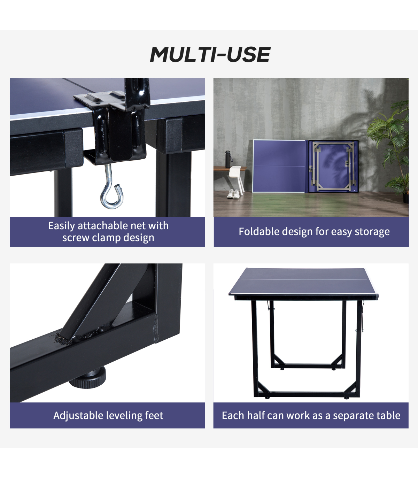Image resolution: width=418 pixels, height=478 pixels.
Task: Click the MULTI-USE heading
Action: point(210,54)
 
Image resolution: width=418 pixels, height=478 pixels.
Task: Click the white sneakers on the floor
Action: point(233,194)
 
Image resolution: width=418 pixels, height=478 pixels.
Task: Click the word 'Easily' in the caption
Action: point(62,226)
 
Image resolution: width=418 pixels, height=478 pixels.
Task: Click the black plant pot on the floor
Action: point(406,198)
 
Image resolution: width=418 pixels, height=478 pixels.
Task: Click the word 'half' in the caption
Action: point(256,415)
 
